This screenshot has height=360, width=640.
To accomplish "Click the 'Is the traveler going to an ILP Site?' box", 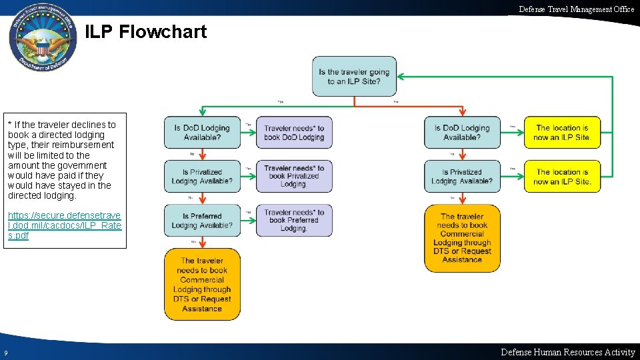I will point(354,76).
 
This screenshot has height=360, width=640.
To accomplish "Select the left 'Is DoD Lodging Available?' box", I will point(201,132).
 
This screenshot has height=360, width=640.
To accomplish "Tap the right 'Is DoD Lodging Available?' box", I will point(461,132).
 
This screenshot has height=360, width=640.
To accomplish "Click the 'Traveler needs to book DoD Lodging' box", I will point(294,132).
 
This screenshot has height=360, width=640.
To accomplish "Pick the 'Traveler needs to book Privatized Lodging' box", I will point(294,176).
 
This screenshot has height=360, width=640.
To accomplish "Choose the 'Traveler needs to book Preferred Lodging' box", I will point(294,220).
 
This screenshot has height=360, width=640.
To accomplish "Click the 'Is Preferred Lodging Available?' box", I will point(201,220).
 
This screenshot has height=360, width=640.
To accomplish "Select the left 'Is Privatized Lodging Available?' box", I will point(201,176).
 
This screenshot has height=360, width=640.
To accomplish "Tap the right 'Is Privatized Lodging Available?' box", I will point(461,176).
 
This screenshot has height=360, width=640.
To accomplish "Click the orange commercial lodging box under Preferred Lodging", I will point(202,285).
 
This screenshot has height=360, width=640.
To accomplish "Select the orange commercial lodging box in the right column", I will point(462,238).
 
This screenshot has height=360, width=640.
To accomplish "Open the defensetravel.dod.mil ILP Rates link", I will point(64,225).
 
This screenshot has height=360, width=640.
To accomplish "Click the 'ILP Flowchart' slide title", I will point(146,31).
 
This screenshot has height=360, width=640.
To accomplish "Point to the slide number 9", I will point(5,353).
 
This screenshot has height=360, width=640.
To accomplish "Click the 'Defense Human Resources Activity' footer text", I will point(567,352).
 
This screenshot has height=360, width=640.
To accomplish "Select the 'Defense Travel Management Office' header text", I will point(577,9).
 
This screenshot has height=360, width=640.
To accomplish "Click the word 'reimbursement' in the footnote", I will point(85,145).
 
